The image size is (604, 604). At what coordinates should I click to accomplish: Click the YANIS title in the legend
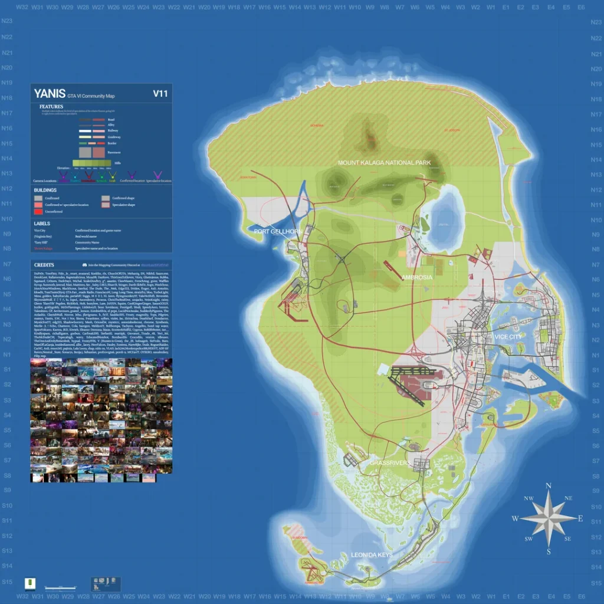(50, 94)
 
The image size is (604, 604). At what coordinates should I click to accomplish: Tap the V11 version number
(160, 93)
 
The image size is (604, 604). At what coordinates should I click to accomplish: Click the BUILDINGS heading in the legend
(45, 191)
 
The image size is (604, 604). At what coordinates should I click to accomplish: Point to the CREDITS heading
(44, 265)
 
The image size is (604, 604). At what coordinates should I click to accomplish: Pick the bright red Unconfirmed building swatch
(38, 211)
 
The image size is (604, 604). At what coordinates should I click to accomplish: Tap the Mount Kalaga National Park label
(384, 163)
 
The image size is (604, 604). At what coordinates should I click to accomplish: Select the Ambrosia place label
(416, 277)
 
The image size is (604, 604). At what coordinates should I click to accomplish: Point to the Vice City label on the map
(508, 337)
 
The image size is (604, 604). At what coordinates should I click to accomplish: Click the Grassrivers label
(390, 464)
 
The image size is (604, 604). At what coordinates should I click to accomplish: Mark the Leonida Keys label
(372, 556)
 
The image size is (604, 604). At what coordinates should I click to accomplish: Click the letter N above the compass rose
(549, 486)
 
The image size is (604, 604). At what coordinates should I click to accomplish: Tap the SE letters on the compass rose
(567, 539)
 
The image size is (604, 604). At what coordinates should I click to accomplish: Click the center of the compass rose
(549, 518)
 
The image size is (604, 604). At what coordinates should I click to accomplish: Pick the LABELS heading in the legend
(42, 224)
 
